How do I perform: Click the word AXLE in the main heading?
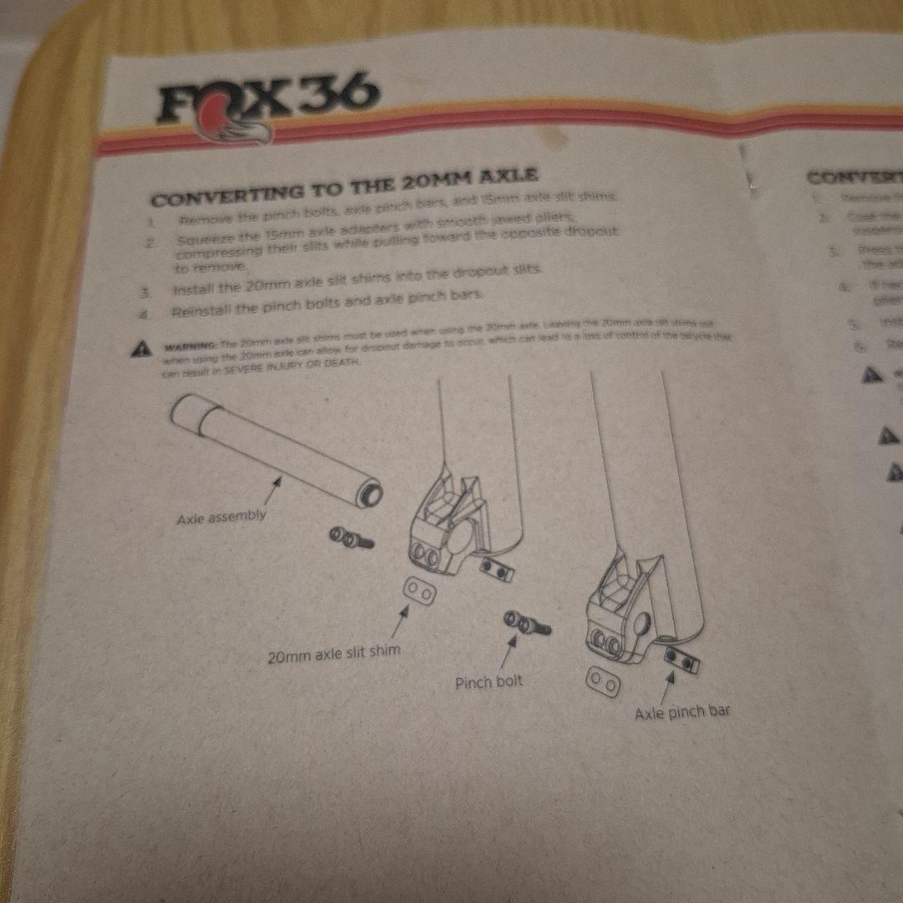point(503,177)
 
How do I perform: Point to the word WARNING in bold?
point(191,346)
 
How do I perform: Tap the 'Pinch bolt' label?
point(488,682)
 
